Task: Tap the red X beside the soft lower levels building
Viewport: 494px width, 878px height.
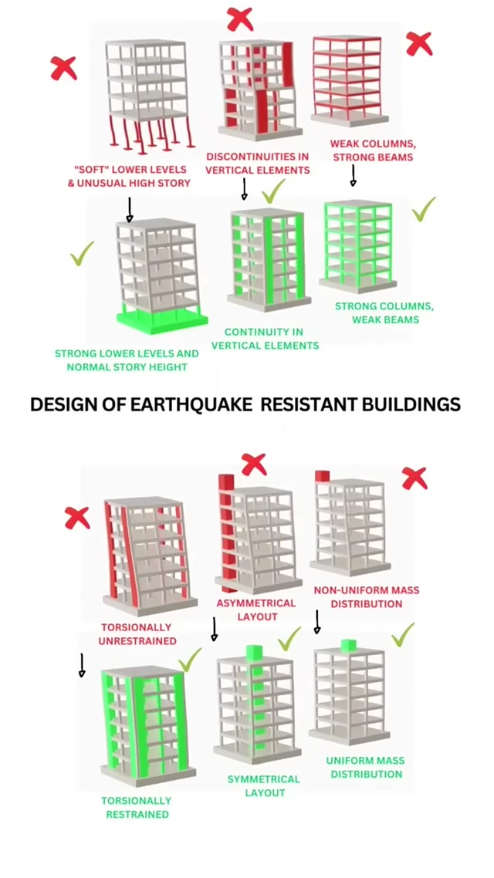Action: [x=64, y=68]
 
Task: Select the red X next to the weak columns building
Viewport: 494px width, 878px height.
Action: [x=418, y=43]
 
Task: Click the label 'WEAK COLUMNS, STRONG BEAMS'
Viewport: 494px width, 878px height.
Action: [x=371, y=150]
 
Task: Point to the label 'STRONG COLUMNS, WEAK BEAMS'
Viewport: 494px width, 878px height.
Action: [x=384, y=312]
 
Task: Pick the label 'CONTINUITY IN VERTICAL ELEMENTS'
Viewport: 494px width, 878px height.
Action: [x=264, y=339]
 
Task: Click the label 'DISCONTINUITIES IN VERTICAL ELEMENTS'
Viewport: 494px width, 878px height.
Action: [x=257, y=164]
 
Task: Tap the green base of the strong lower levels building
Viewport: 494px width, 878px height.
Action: [x=163, y=319]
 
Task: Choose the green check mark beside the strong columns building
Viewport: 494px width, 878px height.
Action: [x=424, y=209]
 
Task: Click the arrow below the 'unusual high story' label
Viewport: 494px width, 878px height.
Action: [x=130, y=209]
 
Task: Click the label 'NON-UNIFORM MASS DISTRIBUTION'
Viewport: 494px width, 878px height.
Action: [x=367, y=596]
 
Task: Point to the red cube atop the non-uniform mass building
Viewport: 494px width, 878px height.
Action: [x=322, y=476]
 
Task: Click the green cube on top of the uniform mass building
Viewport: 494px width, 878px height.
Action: [x=347, y=644]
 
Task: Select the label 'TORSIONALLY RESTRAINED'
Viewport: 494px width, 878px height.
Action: [x=137, y=807]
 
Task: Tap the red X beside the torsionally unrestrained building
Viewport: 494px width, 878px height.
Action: [x=77, y=517]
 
